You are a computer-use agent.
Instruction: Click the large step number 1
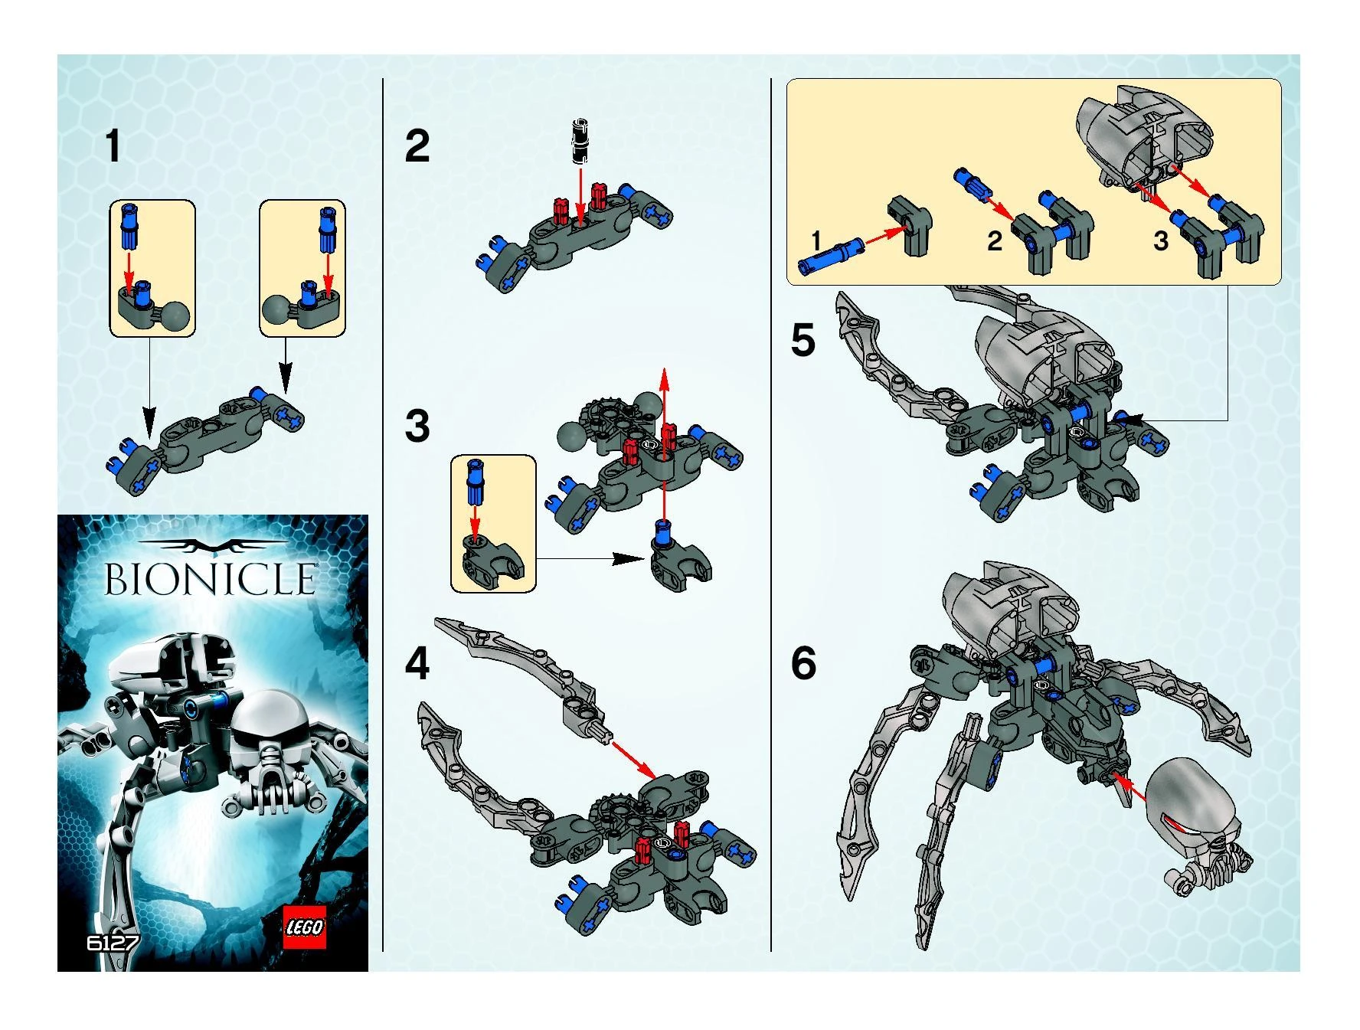click(x=113, y=146)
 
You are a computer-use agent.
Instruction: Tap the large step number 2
click(x=417, y=146)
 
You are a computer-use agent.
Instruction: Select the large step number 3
click(x=417, y=426)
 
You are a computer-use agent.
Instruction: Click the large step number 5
click(x=803, y=340)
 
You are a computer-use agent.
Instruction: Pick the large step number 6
click(x=803, y=663)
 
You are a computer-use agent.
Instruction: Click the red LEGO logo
click(x=305, y=927)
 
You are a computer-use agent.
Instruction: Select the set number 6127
click(x=113, y=942)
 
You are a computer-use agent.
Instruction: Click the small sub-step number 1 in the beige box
click(x=816, y=240)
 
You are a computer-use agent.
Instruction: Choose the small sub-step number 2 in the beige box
click(x=995, y=241)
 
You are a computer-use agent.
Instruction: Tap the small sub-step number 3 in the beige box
click(x=1161, y=241)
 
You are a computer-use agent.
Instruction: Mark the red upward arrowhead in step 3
click(x=664, y=380)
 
